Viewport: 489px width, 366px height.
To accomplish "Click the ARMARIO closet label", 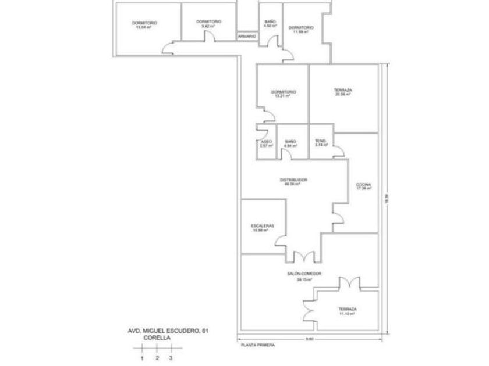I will [x=247, y=36].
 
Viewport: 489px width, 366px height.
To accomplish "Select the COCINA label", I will [x=364, y=185].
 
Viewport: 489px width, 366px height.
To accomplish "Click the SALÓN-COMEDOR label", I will [x=304, y=274].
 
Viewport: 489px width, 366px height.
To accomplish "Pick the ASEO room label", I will [x=265, y=141].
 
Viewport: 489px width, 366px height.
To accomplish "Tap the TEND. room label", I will [x=321, y=141].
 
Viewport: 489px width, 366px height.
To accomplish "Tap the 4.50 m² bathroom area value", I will [x=270, y=26].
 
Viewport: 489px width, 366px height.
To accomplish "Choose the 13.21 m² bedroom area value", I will [x=283, y=96].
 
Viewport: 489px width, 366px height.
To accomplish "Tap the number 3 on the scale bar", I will [x=171, y=358].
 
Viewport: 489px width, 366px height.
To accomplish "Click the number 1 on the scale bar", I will [x=142, y=358].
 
